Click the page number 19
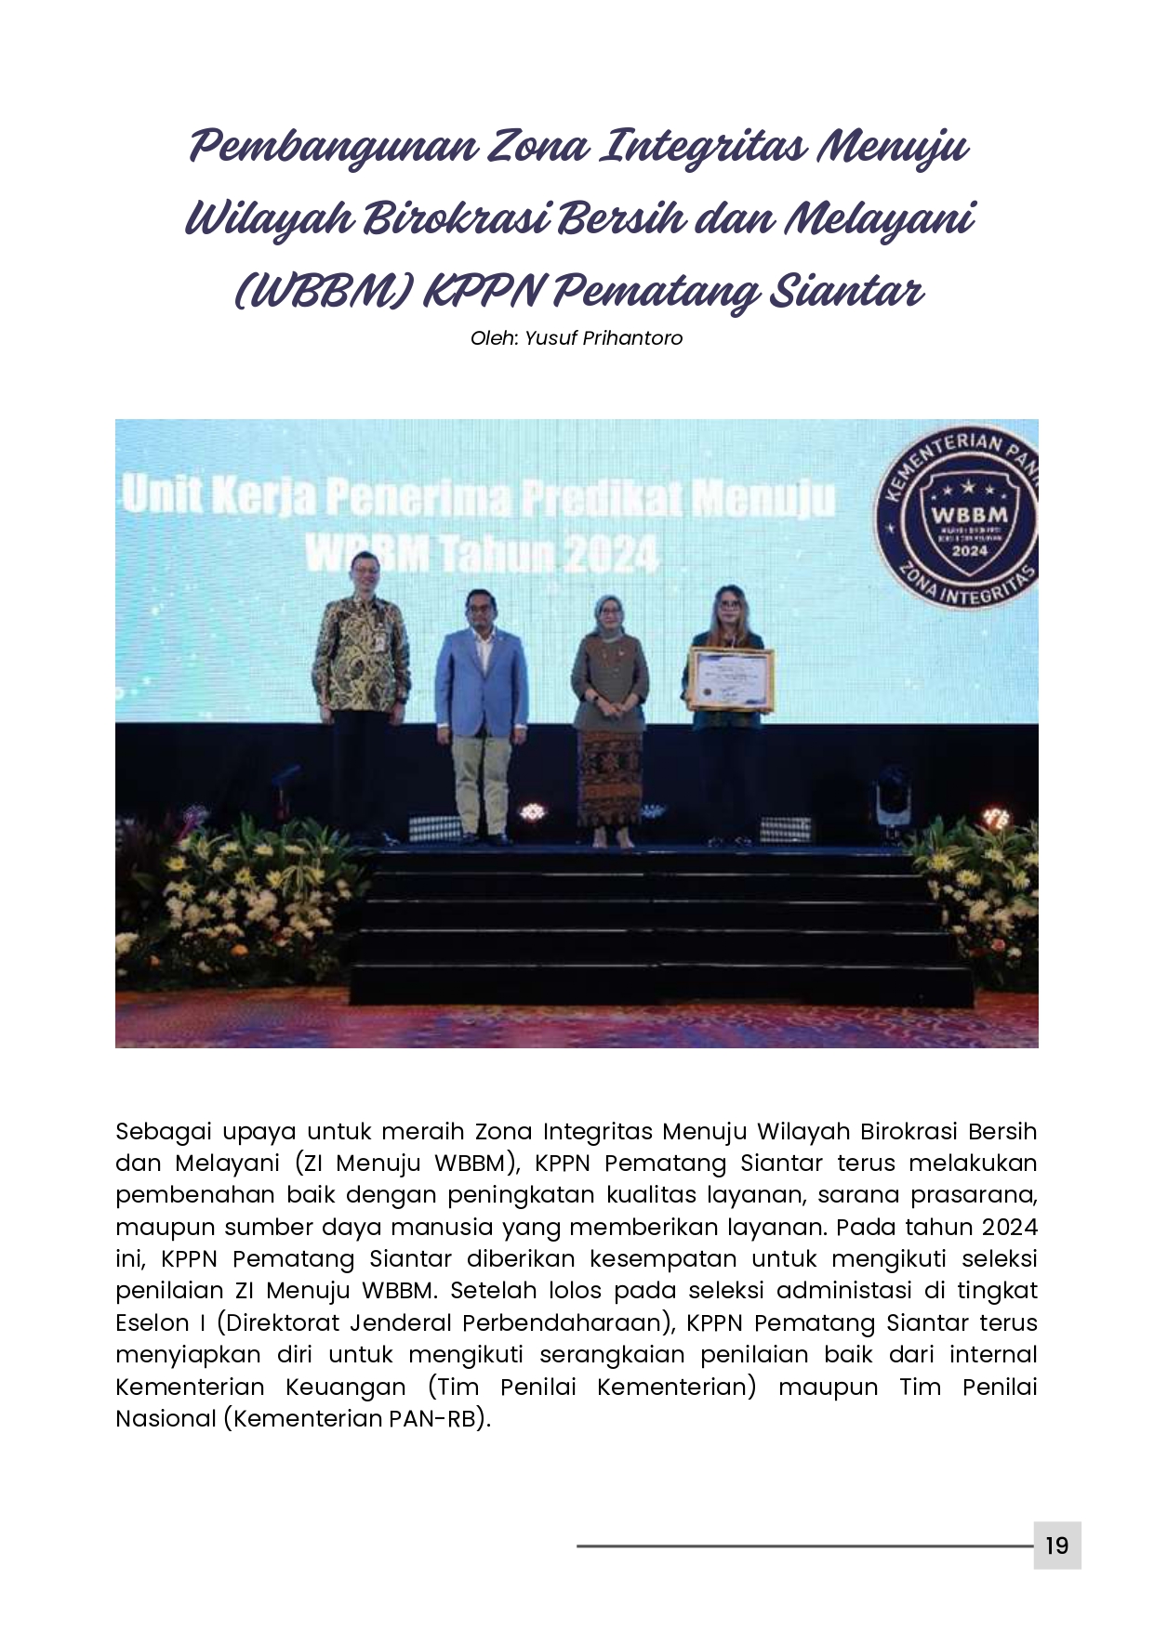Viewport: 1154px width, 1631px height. tap(1056, 1546)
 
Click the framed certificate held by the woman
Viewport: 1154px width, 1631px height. tap(730, 680)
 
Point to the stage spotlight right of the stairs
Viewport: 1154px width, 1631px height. tap(892, 799)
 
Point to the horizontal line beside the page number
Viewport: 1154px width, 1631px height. tap(803, 1546)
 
